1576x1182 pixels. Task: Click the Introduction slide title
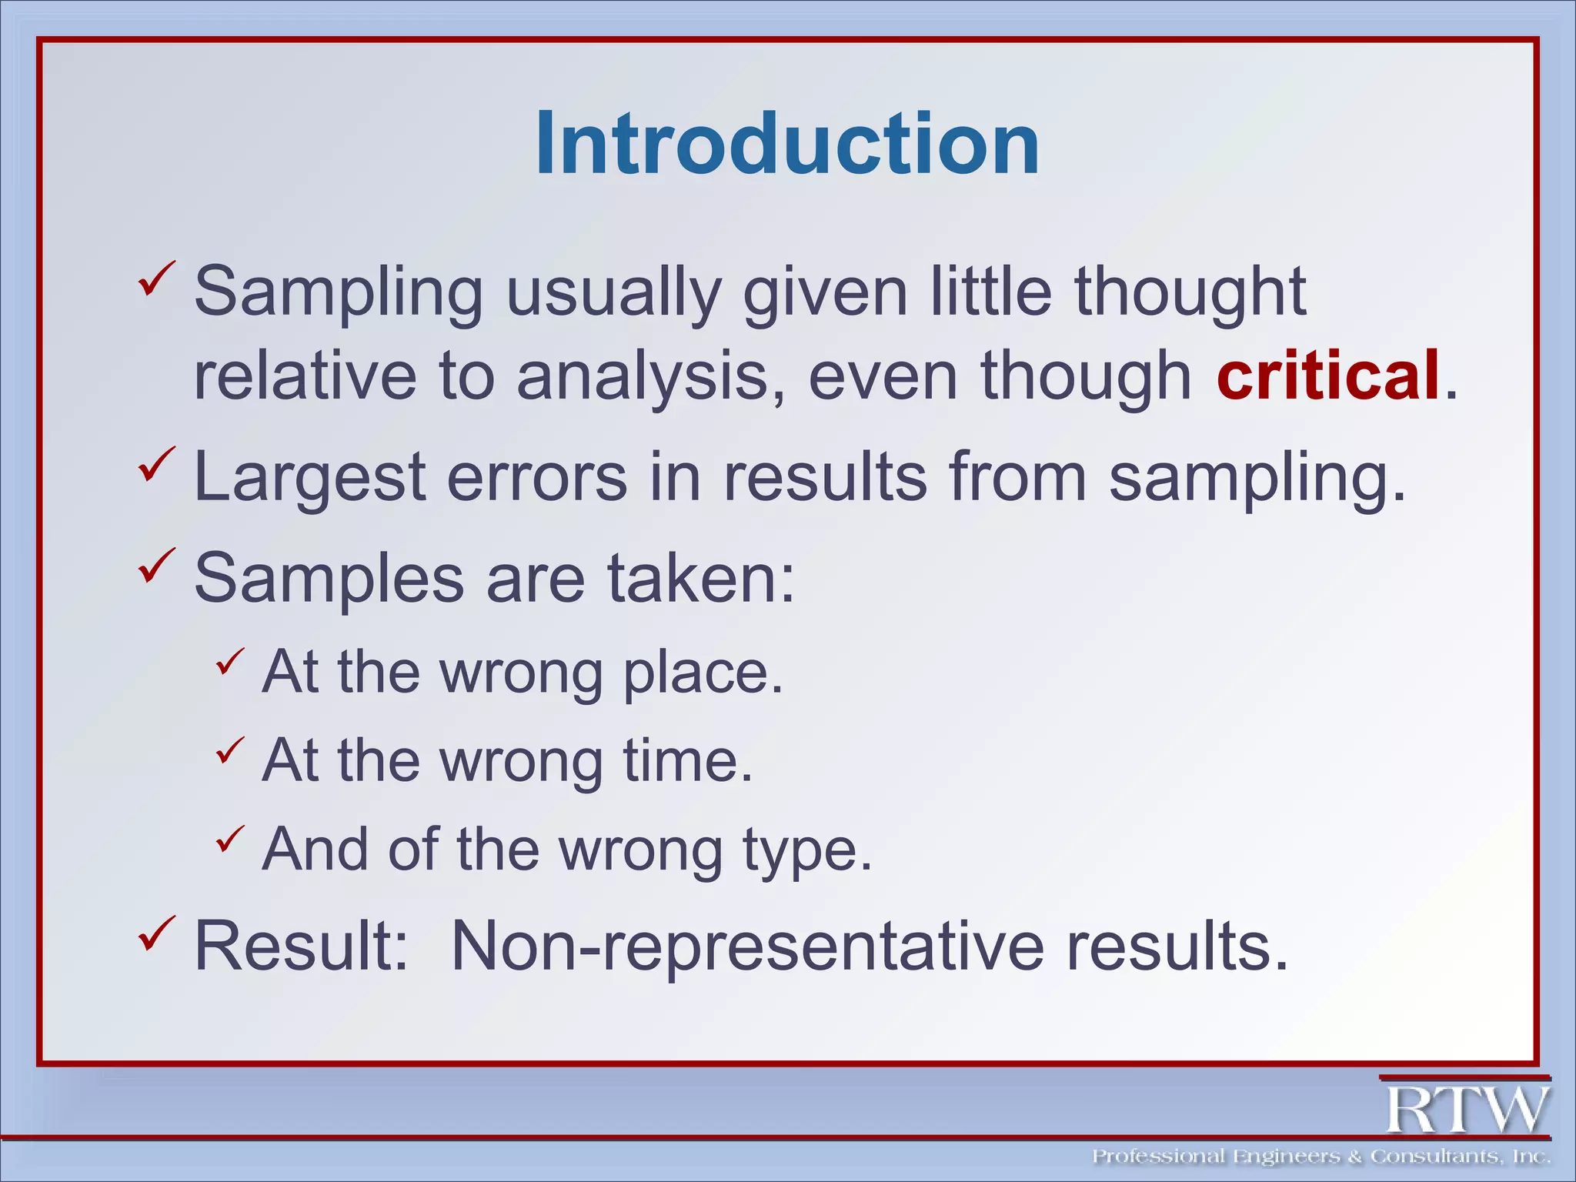[x=787, y=144]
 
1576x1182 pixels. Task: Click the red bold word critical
[x=1327, y=375]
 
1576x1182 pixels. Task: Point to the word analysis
[x=643, y=376]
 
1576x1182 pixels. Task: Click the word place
[x=703, y=673]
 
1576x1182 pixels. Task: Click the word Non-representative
[x=748, y=946]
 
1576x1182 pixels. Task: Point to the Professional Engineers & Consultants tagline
[x=1321, y=1157]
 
